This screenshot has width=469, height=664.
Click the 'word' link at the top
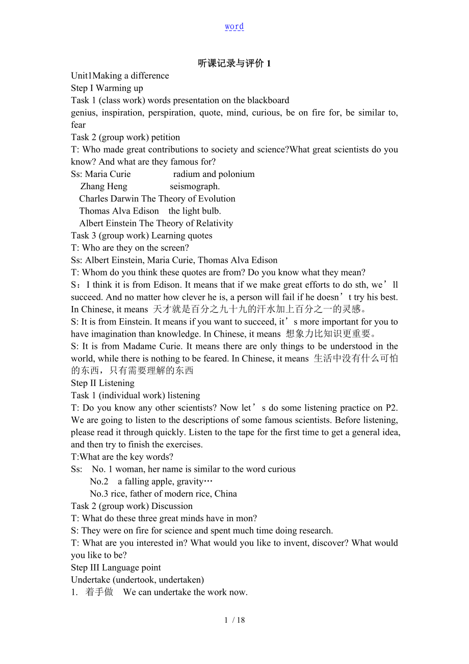[234, 27]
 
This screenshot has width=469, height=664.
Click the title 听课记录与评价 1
[234, 63]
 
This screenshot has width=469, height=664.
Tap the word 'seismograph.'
[195, 186]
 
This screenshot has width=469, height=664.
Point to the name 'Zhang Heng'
[104, 186]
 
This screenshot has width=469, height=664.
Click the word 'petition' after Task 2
[166, 137]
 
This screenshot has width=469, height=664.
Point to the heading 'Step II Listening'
[103, 383]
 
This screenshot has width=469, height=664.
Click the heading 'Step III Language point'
[116, 568]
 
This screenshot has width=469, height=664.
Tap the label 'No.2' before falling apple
[99, 481]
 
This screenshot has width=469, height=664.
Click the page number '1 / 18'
[234, 620]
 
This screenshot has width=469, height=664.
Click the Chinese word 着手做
[99, 592]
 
